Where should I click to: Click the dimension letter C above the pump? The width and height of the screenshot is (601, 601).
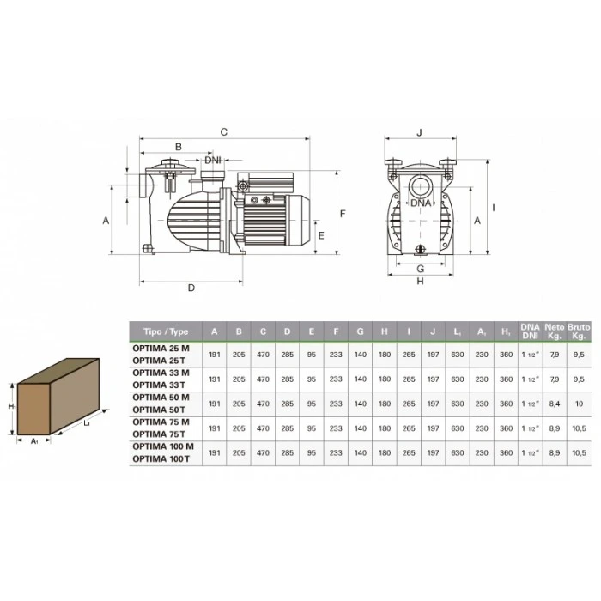pos(224,132)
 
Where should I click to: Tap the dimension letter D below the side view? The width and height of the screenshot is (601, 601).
pos(191,288)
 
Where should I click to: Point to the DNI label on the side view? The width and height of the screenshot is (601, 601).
pos(213,160)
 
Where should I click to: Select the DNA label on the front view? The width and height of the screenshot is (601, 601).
pos(421,203)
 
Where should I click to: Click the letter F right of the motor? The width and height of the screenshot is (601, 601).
pos(343,214)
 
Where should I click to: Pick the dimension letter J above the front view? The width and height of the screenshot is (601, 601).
pos(419,132)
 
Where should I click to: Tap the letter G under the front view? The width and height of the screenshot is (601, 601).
pos(421,269)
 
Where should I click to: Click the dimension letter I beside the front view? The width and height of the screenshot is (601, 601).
pos(494,208)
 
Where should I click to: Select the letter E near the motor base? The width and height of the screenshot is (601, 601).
pos(321,236)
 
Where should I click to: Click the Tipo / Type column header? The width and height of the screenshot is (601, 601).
pos(166,331)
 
